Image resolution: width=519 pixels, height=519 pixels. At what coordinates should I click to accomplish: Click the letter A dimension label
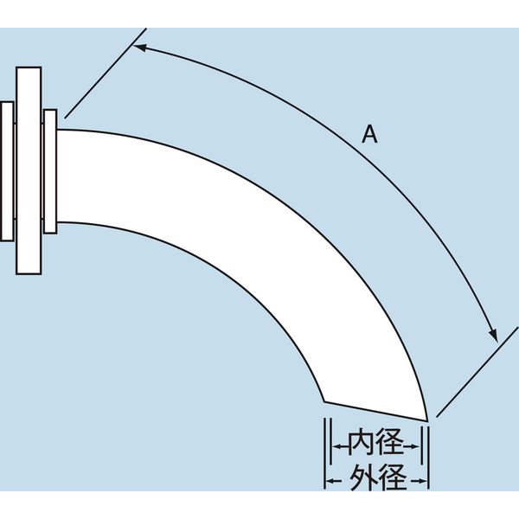tap(369, 134)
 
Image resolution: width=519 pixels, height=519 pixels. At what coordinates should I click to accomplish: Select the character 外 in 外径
tap(362, 476)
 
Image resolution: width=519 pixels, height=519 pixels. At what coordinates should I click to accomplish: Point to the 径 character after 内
tap(391, 445)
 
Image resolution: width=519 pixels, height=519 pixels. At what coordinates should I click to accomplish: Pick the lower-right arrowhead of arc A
tap(494, 335)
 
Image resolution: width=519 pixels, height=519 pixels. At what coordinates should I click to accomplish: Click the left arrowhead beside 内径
tap(335, 445)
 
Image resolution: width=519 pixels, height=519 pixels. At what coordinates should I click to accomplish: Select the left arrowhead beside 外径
tap(330, 477)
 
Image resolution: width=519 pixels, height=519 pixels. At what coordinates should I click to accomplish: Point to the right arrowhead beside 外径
tap(423, 477)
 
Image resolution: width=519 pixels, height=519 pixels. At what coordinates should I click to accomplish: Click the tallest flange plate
tap(28, 171)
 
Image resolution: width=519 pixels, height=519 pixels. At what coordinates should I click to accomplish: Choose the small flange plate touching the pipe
tap(50, 170)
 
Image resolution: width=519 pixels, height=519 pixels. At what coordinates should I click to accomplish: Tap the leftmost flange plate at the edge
tap(6, 170)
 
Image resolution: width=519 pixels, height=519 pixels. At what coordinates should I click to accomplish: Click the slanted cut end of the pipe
tap(375, 411)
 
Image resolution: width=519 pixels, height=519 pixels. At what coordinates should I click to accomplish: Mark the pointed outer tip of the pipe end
tap(427, 420)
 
